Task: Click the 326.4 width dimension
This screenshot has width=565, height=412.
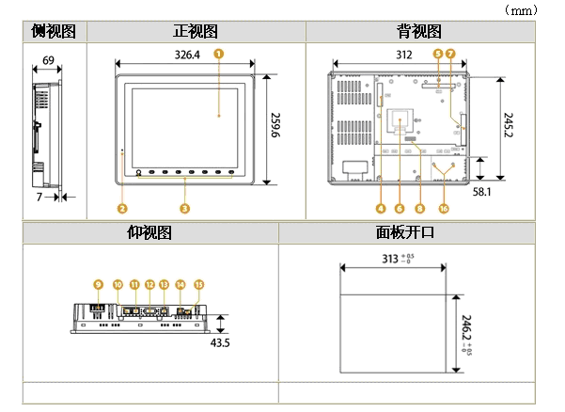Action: point(188,55)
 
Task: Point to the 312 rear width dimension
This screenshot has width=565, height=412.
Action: point(403,55)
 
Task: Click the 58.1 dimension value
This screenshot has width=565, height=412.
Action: point(482,191)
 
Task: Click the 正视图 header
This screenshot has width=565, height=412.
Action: point(196,32)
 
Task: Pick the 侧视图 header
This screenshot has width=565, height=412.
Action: point(54,32)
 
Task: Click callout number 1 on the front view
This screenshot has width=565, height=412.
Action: point(218,54)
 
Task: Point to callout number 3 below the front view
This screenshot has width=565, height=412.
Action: point(184,206)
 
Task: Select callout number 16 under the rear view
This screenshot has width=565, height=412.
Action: point(444,206)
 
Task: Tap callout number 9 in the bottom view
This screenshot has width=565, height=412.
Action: point(97,283)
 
